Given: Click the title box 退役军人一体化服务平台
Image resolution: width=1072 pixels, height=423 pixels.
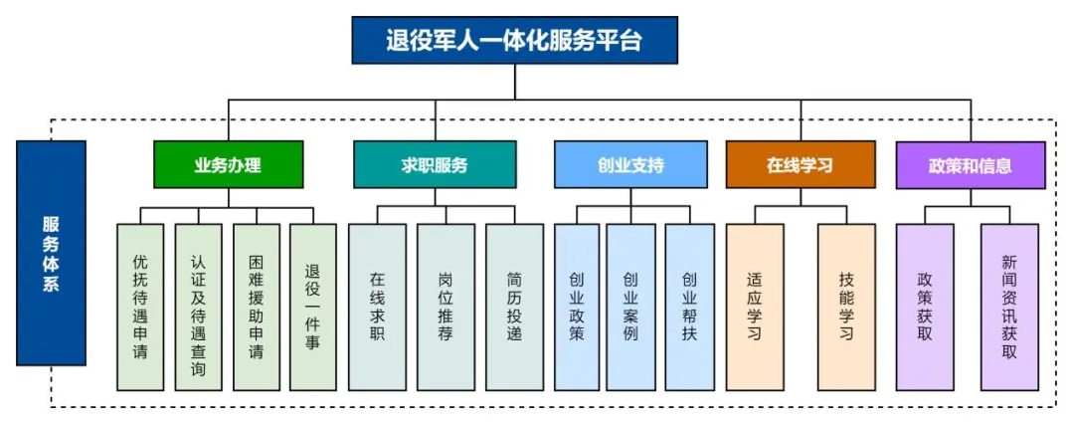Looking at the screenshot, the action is click(515, 41).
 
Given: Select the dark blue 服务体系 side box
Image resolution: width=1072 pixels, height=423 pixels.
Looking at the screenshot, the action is click(52, 253).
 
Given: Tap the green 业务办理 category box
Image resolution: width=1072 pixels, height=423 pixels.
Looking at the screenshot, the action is click(229, 164).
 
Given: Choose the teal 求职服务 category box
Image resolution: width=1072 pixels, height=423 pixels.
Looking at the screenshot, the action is click(435, 164).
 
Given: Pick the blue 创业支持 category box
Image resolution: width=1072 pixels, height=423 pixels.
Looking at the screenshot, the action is click(630, 164).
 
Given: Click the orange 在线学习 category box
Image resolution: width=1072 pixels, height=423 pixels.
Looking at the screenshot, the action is click(801, 164).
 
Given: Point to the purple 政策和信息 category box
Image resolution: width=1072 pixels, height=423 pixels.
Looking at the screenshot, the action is click(971, 164).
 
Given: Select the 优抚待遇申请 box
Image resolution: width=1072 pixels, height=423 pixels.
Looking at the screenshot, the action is click(140, 308).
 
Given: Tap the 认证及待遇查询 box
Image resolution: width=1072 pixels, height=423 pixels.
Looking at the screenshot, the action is click(198, 308).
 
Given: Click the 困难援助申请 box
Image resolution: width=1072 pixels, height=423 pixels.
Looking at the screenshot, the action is click(257, 308).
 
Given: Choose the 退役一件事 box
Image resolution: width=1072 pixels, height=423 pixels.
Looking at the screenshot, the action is click(313, 308).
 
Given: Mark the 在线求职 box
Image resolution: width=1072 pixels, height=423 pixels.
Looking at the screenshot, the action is click(378, 308).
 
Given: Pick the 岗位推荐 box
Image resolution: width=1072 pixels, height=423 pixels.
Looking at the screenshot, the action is click(446, 308).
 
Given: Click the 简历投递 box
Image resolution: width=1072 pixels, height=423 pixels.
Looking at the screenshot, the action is click(515, 308).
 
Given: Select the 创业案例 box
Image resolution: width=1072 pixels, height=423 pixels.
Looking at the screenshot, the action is click(630, 308).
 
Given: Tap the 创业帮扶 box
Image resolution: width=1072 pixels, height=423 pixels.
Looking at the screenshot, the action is click(690, 308).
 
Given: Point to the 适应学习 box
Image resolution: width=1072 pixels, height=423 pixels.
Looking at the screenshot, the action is click(755, 308).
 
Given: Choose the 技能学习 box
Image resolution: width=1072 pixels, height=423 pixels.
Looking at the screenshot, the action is click(846, 308).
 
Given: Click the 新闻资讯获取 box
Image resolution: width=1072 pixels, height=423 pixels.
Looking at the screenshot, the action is click(1009, 308).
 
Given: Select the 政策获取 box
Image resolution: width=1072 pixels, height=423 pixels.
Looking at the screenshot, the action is click(925, 308).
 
